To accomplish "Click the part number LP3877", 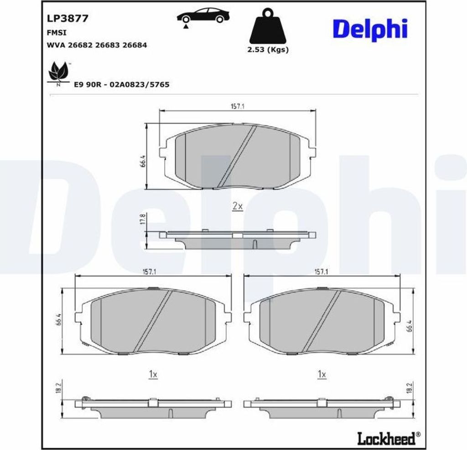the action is pyautogui.click(x=67, y=18).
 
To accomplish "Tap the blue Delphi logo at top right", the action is pyautogui.click(x=370, y=29).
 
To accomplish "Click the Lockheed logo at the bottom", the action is pyautogui.click(x=389, y=438).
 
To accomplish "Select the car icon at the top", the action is pyautogui.click(x=203, y=16).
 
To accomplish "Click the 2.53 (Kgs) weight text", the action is pyautogui.click(x=268, y=49).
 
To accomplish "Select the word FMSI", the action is pyautogui.click(x=57, y=33).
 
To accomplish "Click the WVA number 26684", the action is pyautogui.click(x=135, y=45).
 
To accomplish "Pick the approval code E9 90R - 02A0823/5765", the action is pyautogui.click(x=121, y=85).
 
